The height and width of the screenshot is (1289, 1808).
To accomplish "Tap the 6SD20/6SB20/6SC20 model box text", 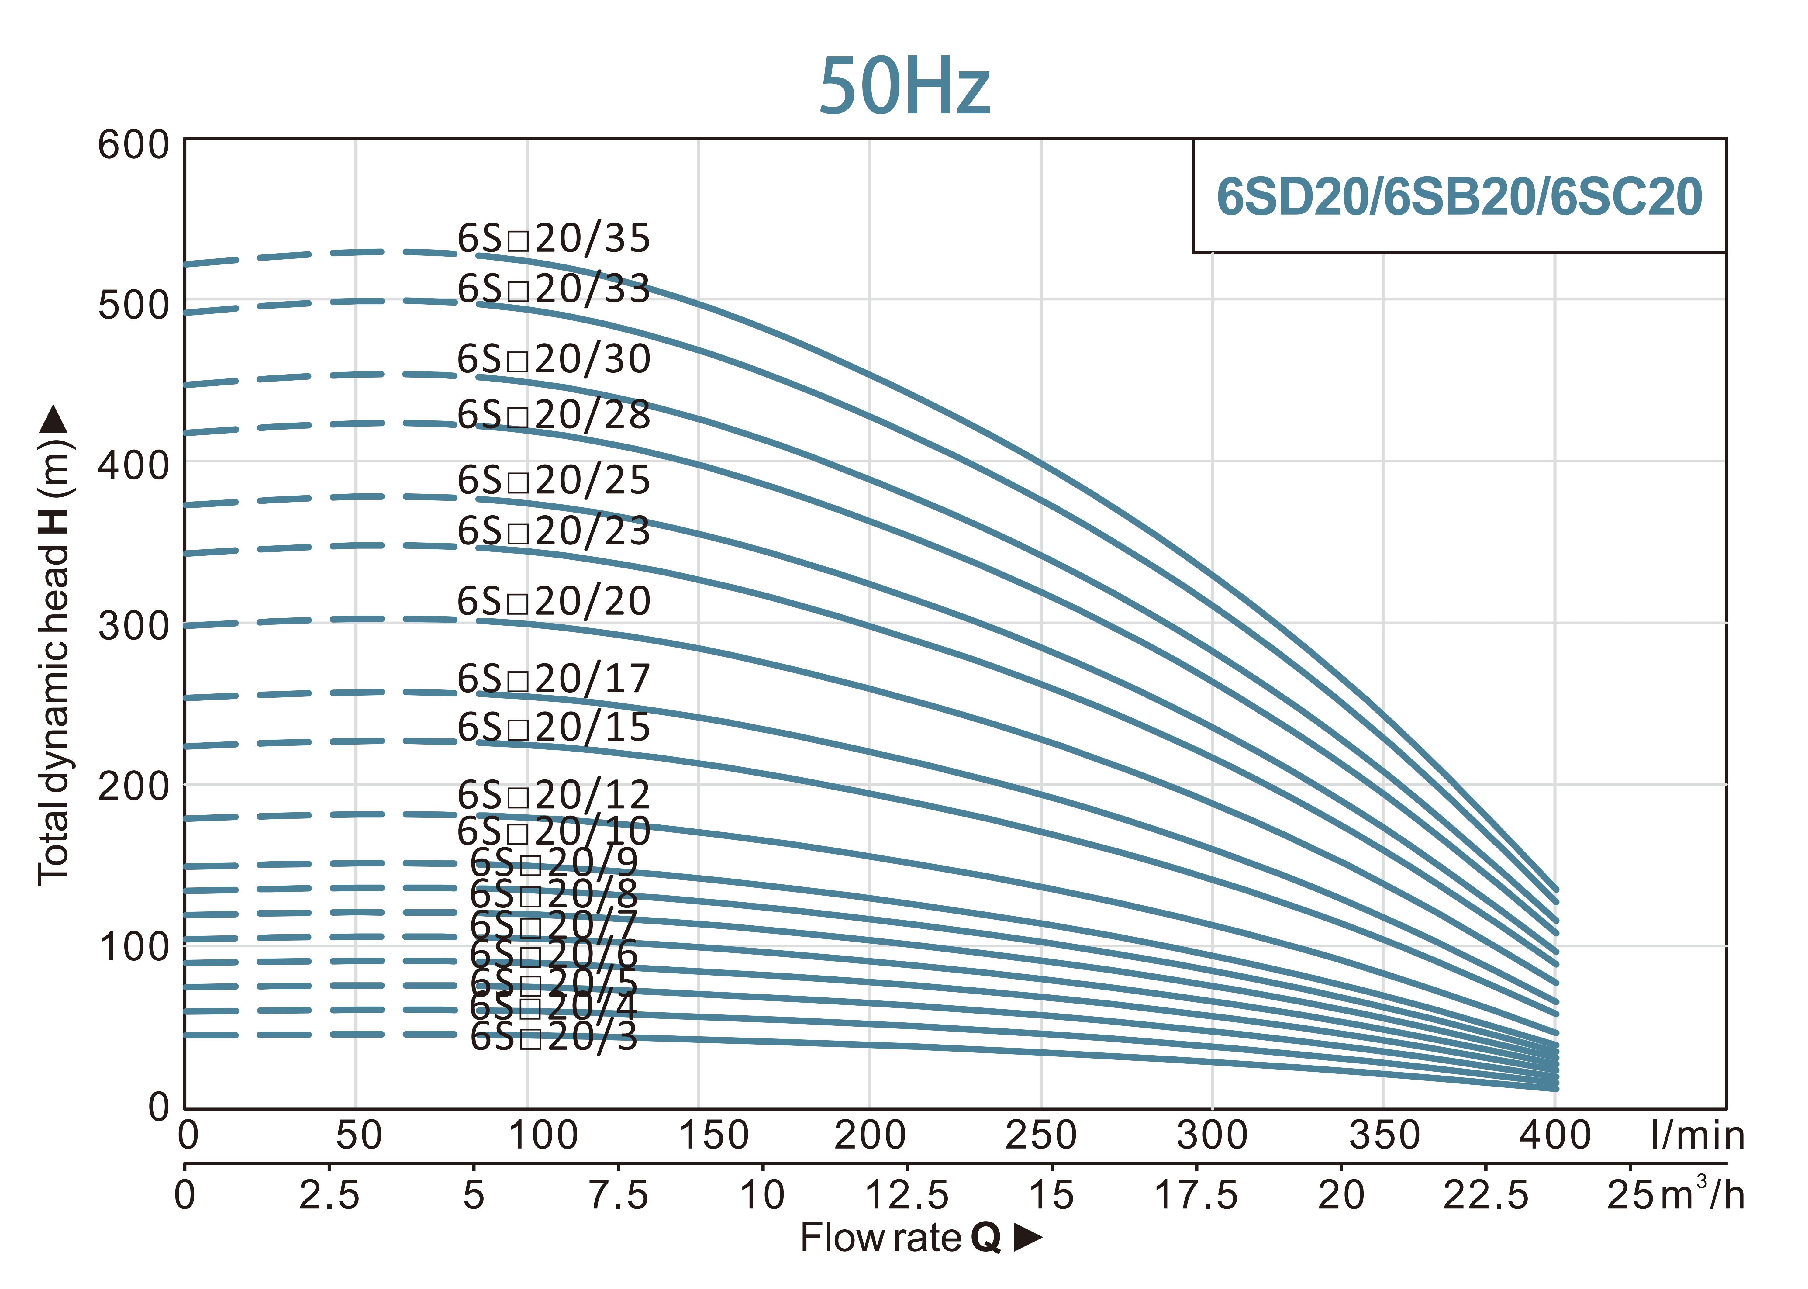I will point(1459,197).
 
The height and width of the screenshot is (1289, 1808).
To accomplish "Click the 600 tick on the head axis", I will point(133,145).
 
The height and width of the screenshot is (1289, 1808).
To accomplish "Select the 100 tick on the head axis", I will point(133,947).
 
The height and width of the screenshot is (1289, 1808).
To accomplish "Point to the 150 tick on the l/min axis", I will point(713,1136).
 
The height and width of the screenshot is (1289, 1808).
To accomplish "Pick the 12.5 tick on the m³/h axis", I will point(906,1195).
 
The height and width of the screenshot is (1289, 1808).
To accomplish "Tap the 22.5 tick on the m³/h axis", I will point(1485,1195).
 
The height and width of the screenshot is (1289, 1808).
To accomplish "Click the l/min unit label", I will point(1698,1136).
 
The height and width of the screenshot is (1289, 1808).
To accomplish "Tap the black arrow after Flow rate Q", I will point(1028,1237).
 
